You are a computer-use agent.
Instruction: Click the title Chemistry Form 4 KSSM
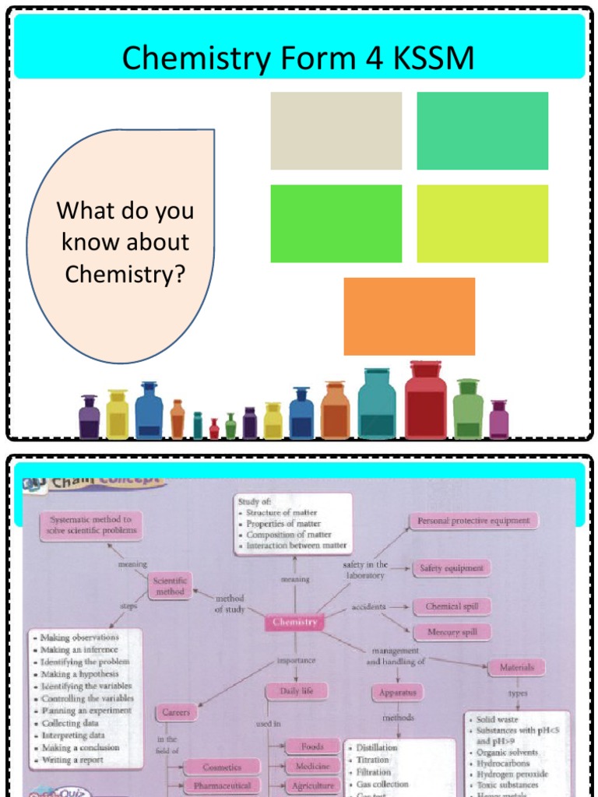tap(298, 58)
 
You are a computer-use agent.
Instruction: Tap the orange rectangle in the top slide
tap(409, 316)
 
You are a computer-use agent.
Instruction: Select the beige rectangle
tap(336, 131)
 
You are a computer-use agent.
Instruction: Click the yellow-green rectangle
tap(482, 223)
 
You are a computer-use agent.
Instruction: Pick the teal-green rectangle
tap(482, 131)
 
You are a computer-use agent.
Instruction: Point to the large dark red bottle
tap(425, 401)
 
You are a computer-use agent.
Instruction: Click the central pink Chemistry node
tap(295, 622)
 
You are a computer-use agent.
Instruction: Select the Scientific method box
tap(170, 585)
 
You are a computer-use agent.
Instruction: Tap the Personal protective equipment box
tap(473, 521)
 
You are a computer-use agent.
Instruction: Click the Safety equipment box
tap(451, 568)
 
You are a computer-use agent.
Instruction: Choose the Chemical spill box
tap(452, 606)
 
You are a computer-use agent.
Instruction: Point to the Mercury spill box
tap(452, 632)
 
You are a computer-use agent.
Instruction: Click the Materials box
tap(516, 667)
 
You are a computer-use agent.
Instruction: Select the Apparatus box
tap(398, 691)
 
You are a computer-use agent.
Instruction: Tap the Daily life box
tap(297, 690)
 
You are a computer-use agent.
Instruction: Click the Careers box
tap(176, 711)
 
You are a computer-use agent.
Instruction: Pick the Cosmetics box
tap(222, 767)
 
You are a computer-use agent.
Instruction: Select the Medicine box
tap(312, 766)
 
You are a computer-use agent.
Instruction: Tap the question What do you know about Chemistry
tap(125, 242)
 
